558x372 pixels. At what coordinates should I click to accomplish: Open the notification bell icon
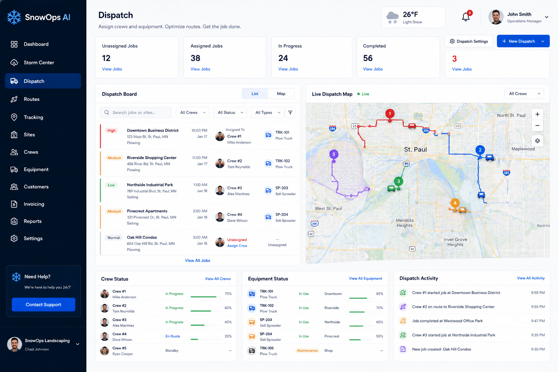click(466, 17)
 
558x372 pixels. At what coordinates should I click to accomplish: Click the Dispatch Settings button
click(469, 41)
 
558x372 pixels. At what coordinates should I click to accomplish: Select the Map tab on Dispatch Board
click(281, 94)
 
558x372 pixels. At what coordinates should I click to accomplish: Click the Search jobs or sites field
click(136, 113)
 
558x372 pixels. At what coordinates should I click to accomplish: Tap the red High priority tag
click(112, 130)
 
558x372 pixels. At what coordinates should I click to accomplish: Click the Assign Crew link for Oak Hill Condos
click(237, 246)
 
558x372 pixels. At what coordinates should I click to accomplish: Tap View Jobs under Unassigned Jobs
click(112, 69)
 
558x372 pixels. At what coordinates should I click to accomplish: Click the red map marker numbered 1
click(390, 114)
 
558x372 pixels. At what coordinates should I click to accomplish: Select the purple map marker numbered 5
click(334, 154)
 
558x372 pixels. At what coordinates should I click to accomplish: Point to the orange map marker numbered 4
click(455, 203)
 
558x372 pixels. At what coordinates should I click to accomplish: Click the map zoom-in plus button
click(537, 114)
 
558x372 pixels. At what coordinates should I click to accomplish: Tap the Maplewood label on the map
click(523, 149)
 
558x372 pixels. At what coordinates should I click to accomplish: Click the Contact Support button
click(43, 304)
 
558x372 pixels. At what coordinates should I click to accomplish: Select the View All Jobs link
click(197, 260)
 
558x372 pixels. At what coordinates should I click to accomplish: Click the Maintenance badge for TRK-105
click(307, 351)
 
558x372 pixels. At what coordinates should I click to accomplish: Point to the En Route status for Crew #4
click(173, 336)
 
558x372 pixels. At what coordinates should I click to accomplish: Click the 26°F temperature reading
click(410, 15)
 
